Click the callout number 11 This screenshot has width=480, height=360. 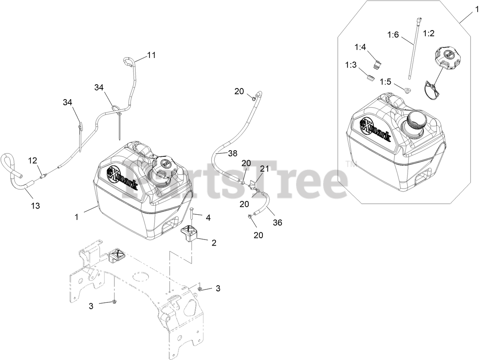click(x=151, y=55)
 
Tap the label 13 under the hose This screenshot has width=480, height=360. click(x=35, y=206)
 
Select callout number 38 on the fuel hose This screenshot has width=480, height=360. click(x=232, y=153)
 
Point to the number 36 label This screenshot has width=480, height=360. click(x=277, y=223)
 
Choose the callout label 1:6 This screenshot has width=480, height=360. click(x=393, y=35)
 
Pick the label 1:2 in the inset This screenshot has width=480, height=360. click(x=429, y=33)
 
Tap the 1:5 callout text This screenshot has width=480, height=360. click(x=386, y=82)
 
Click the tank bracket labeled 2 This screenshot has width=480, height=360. click(x=189, y=233)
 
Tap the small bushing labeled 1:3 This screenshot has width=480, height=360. click(x=369, y=78)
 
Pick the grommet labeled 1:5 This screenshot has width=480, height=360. click(x=408, y=90)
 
